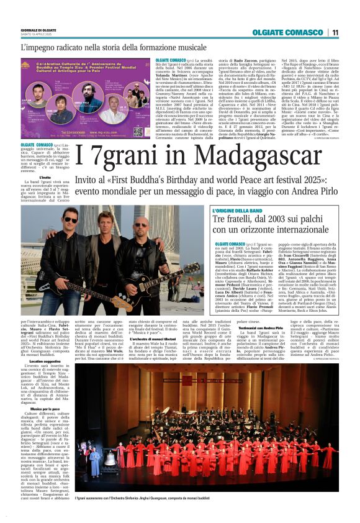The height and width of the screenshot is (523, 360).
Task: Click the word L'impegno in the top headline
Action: pos(40,47)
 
